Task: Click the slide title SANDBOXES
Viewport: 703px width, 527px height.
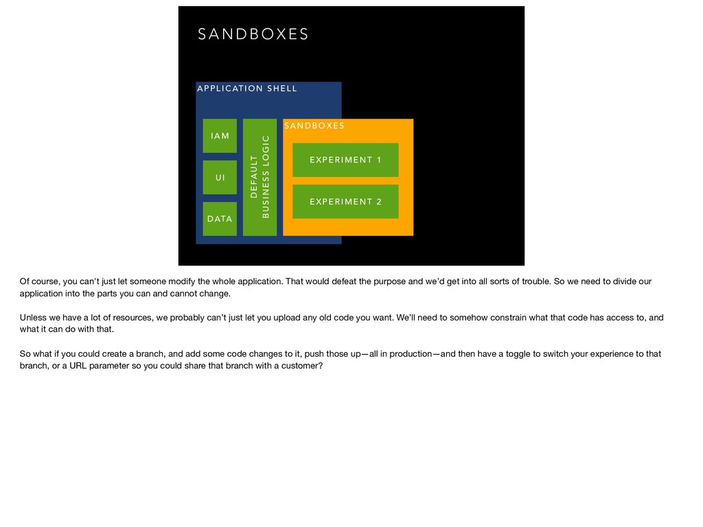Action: point(253,34)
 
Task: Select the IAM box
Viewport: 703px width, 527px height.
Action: point(220,136)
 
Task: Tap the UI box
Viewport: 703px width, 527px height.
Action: point(220,178)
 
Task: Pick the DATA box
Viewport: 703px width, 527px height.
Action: point(220,219)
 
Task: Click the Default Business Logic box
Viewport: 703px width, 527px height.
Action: point(260,177)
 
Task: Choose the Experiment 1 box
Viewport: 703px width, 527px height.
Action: point(345,160)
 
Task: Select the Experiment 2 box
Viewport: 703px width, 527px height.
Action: point(345,201)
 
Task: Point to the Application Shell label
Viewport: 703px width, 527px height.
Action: point(247,89)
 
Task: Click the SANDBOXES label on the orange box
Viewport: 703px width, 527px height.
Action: point(314,126)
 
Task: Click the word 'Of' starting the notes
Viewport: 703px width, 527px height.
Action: point(25,281)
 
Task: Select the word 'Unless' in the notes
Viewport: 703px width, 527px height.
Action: point(33,318)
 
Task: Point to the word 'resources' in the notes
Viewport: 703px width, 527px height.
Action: point(133,318)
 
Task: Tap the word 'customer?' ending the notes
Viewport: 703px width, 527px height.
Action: point(299,366)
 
